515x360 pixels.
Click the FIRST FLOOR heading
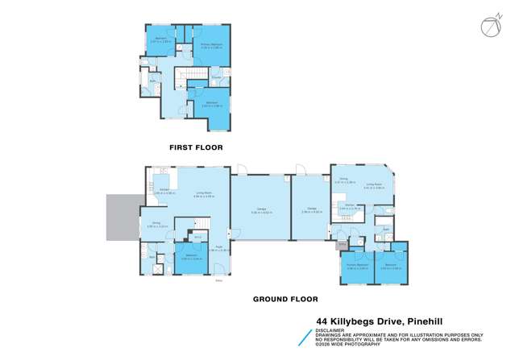tap(195, 147)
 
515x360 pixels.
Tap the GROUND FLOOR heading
tap(281, 299)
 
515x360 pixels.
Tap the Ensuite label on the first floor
tap(217, 77)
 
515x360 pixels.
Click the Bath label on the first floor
tap(152, 81)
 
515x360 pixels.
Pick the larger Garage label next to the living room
tap(260, 213)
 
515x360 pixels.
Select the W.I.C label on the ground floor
tap(197, 237)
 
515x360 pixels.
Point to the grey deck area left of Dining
tap(122, 217)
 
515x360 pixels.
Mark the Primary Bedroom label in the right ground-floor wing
tap(357, 265)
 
